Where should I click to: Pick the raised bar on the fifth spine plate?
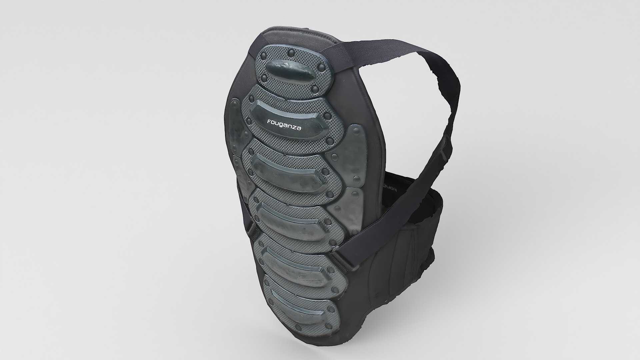coord(297,263)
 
